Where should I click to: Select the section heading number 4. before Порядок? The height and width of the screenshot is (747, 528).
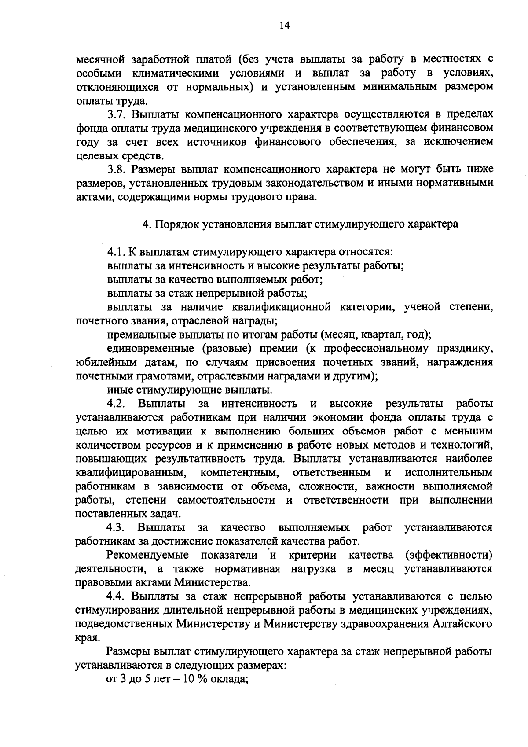click(x=146, y=224)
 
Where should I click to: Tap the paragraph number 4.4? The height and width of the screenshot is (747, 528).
click(x=116, y=596)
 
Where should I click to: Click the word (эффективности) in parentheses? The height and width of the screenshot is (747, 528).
click(x=449, y=555)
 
